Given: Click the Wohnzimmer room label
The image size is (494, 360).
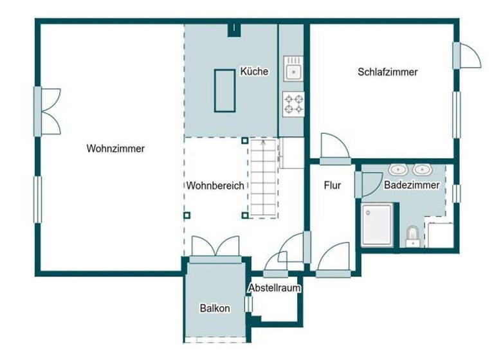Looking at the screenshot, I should tap(116, 148).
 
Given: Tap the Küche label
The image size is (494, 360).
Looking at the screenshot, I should tap(253, 71).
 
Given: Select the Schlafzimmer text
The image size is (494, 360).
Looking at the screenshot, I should tap(387, 72).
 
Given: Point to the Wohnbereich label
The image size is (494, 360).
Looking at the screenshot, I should tap(215, 186).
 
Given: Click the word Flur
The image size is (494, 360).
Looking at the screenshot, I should tap(332, 186).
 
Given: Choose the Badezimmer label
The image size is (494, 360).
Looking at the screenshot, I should tap(412, 185).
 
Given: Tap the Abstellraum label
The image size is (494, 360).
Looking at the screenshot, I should tap(275, 288).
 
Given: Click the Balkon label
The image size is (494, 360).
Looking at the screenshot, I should tap(215, 309).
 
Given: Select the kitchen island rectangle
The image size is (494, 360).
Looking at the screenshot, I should tap(224, 90).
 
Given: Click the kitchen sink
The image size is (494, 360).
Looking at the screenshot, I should tap(294, 69).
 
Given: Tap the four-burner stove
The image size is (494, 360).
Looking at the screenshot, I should tap(294, 104).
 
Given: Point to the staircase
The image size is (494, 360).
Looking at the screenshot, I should tap(263, 178).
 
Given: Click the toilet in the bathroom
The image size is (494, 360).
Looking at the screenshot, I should tap(412, 236).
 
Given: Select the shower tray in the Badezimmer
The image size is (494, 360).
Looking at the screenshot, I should tap(378, 225).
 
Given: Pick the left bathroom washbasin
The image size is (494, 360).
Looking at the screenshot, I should tap(398, 170).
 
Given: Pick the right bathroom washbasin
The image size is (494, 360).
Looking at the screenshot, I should tap(422, 170).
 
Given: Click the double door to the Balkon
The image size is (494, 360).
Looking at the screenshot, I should tap(216, 248).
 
